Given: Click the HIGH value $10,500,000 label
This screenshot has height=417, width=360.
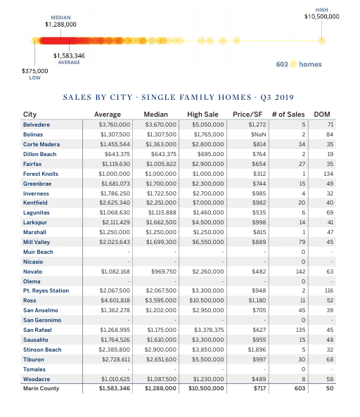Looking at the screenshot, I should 321,16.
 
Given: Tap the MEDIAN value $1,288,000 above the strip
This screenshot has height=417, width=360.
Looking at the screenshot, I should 60,25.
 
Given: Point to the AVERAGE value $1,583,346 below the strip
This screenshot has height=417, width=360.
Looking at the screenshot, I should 69,55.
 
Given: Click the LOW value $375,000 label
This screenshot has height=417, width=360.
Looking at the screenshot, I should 35,71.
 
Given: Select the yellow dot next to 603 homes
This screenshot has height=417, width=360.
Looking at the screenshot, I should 293,64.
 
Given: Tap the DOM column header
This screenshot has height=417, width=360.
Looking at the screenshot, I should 321,115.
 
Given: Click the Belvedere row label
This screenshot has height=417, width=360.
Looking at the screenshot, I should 37,124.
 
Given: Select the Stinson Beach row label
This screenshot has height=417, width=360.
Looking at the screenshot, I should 42,349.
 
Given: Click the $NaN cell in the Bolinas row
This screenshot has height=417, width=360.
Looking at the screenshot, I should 258,134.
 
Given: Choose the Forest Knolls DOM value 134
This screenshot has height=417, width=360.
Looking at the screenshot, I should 327,174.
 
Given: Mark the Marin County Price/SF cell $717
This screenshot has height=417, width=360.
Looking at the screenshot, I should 259,388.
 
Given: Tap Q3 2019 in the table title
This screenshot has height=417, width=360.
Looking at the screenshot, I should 275,96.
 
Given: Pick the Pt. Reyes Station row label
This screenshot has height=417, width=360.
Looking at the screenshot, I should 46,290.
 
